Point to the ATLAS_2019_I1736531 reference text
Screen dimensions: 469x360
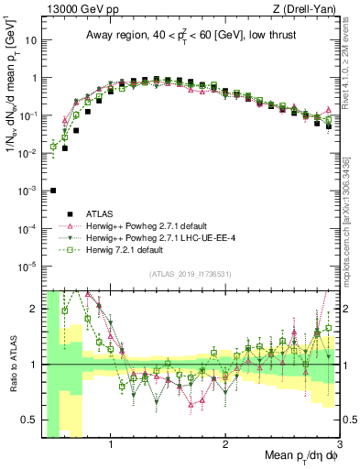[x=191, y=274]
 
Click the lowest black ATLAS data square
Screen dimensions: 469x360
[x=53, y=191]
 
